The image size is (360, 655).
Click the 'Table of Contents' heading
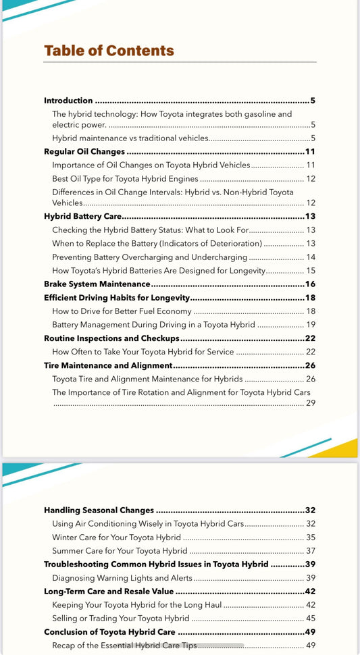109,51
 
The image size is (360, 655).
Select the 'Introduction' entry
68,101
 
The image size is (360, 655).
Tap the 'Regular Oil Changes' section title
84,151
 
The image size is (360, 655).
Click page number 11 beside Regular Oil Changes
310,151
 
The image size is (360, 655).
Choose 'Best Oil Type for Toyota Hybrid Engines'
125,179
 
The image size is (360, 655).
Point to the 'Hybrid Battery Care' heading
82,217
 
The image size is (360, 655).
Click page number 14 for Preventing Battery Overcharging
311,257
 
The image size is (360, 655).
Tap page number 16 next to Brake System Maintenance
310,284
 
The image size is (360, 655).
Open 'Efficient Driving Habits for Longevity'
117,298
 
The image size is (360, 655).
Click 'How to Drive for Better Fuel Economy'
122,311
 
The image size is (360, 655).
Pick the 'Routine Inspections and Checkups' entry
111,338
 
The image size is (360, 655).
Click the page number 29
311,403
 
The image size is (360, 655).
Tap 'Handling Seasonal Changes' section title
99,510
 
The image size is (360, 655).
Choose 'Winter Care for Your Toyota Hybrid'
116,538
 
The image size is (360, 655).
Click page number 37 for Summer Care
311,551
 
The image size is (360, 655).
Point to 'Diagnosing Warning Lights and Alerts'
122,578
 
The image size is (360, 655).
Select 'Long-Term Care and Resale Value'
109,592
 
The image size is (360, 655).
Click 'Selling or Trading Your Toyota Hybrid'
120,618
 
